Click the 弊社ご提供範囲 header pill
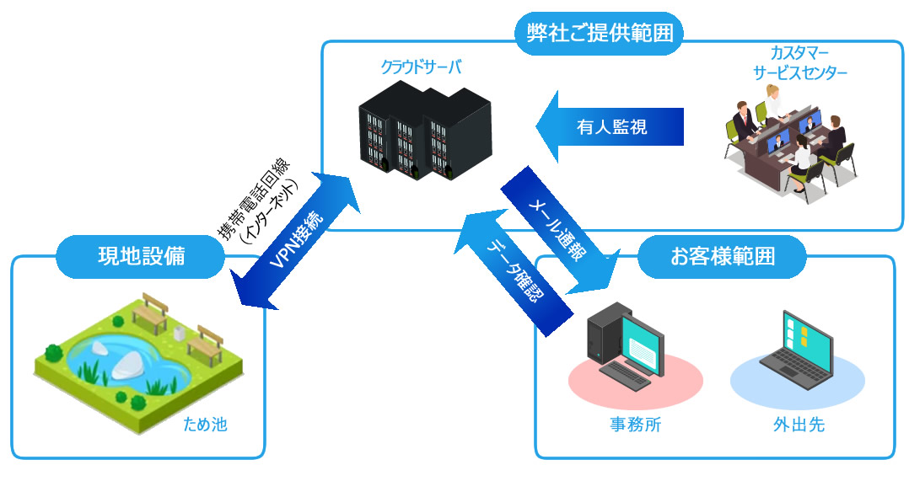click(598, 34)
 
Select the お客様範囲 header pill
click(722, 256)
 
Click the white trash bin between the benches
click(179, 334)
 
